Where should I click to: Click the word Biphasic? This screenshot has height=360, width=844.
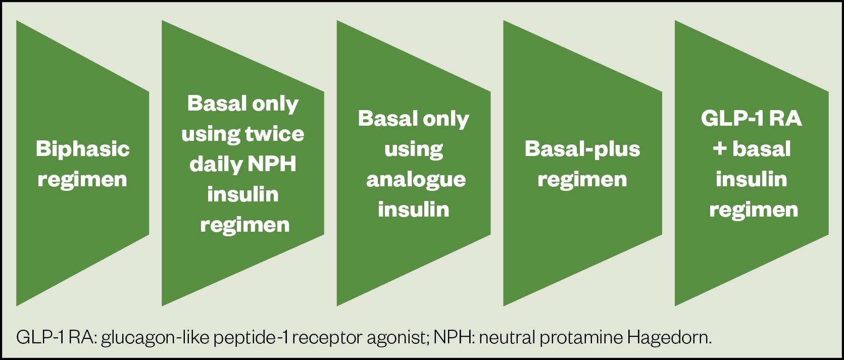83,149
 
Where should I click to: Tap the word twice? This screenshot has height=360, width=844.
275,134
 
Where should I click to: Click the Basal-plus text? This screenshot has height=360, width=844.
582,149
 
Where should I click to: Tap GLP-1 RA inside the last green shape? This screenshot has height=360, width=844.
751,119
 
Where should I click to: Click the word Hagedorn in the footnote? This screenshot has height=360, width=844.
670,338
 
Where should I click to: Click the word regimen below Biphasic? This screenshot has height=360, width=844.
82,180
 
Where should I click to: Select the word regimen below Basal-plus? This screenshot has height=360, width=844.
582,180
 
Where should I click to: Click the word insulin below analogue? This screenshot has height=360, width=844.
414,210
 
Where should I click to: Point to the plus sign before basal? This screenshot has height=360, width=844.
720,149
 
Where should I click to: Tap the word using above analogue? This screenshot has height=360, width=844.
414,150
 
